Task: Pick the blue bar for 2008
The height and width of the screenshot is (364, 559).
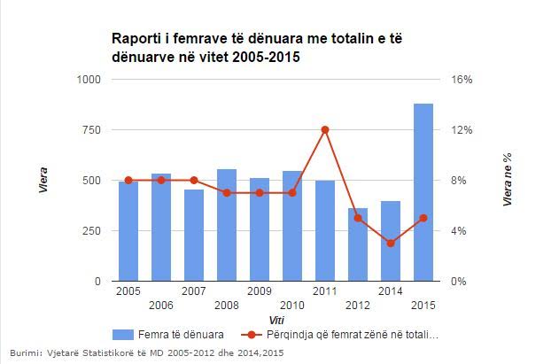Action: coord(227,225)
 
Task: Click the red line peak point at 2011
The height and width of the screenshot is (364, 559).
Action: coord(325,129)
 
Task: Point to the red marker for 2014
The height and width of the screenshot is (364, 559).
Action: coord(391,243)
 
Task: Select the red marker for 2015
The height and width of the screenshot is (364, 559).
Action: coord(423,218)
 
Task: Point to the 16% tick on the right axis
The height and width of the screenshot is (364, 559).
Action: coord(463,80)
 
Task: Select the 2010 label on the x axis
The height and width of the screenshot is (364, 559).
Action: coord(292,306)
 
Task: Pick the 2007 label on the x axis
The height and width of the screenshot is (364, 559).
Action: coord(194,290)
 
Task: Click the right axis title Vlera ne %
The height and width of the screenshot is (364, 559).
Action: coord(508,180)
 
